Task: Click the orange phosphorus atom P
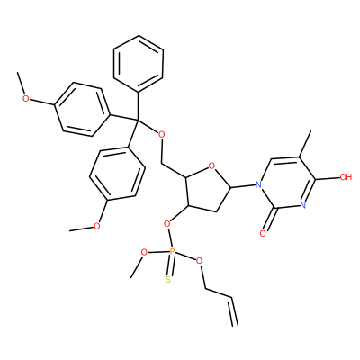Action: tap(172, 252)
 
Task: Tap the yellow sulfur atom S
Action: tap(168, 280)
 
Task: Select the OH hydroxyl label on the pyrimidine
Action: tap(346, 177)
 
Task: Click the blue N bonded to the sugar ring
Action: tap(257, 184)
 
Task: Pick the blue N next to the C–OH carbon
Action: tap(302, 205)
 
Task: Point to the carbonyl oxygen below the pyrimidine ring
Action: tap(263, 233)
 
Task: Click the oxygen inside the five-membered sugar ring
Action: tap(211, 166)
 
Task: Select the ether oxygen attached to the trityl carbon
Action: tap(161, 134)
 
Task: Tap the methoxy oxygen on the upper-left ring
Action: tap(26, 98)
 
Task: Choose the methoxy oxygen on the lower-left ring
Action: tap(96, 226)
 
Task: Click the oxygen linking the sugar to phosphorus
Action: tap(167, 223)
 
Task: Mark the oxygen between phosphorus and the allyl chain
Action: tap(199, 261)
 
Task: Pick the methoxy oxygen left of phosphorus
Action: tap(144, 252)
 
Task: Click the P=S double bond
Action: tap(170, 265)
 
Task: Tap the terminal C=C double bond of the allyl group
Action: tap(234, 311)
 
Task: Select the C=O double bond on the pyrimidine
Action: tap(269, 220)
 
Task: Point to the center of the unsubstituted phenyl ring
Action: tap(139, 64)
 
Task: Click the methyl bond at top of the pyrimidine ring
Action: tap(305, 144)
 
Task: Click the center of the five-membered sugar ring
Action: tap(206, 188)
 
